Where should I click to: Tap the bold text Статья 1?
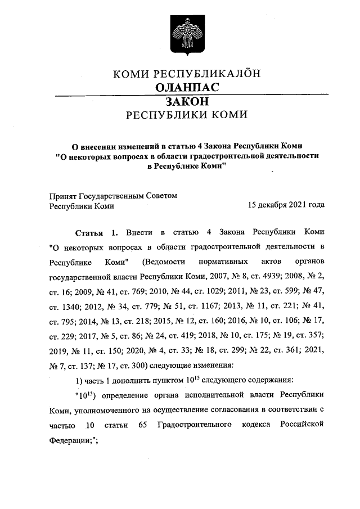pyautogui.click(x=97, y=232)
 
